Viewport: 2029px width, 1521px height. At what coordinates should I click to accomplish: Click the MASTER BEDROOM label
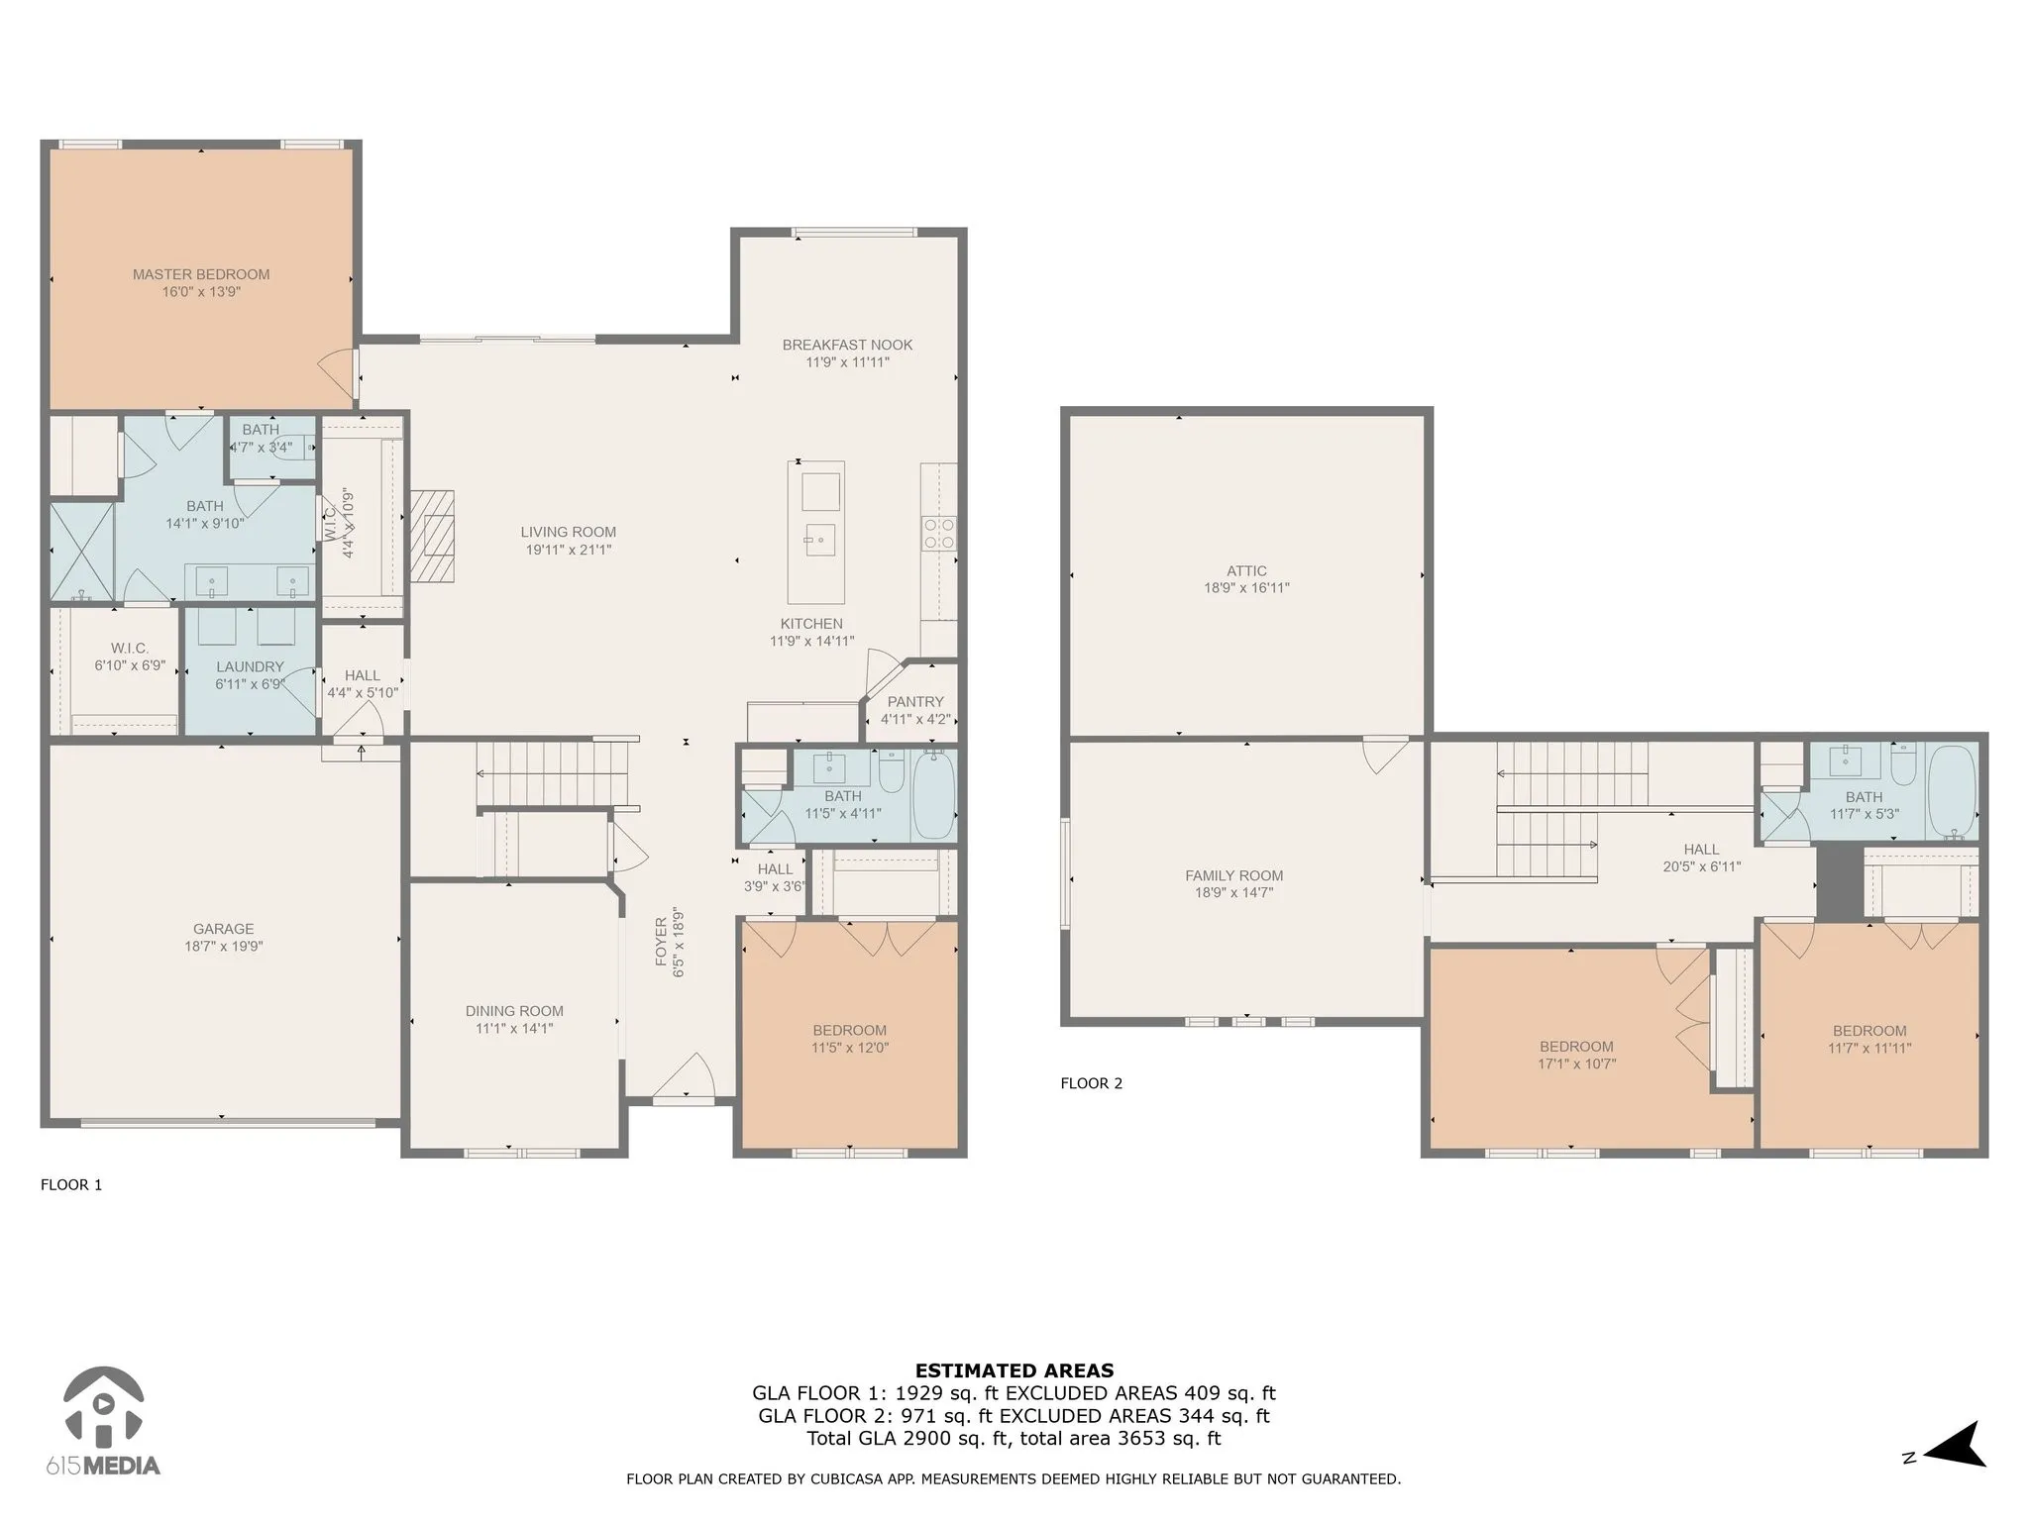point(201,274)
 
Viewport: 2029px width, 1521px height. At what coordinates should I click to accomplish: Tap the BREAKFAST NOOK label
point(847,345)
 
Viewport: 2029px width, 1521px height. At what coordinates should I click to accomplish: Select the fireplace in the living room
point(433,536)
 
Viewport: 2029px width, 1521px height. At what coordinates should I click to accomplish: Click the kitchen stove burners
point(939,534)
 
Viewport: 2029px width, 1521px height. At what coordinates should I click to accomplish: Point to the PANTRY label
point(915,702)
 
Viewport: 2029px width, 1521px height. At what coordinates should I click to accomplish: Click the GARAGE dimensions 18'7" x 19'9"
point(223,947)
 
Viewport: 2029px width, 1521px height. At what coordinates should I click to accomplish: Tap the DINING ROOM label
point(514,1011)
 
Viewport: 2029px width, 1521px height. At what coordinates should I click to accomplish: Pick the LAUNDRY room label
point(250,667)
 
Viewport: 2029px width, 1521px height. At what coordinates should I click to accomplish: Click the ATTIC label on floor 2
point(1246,571)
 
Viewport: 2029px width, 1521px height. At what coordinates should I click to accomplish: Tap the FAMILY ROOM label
point(1233,875)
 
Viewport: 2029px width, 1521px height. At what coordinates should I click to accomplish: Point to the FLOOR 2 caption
point(1092,1083)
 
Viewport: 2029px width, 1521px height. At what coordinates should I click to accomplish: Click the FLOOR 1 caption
point(71,1184)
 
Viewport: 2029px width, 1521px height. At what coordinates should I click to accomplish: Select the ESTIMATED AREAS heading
point(1014,1371)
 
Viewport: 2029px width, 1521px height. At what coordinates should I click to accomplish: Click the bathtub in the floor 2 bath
point(1951,791)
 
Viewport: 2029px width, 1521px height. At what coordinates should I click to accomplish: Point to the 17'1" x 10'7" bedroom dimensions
point(1576,1065)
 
